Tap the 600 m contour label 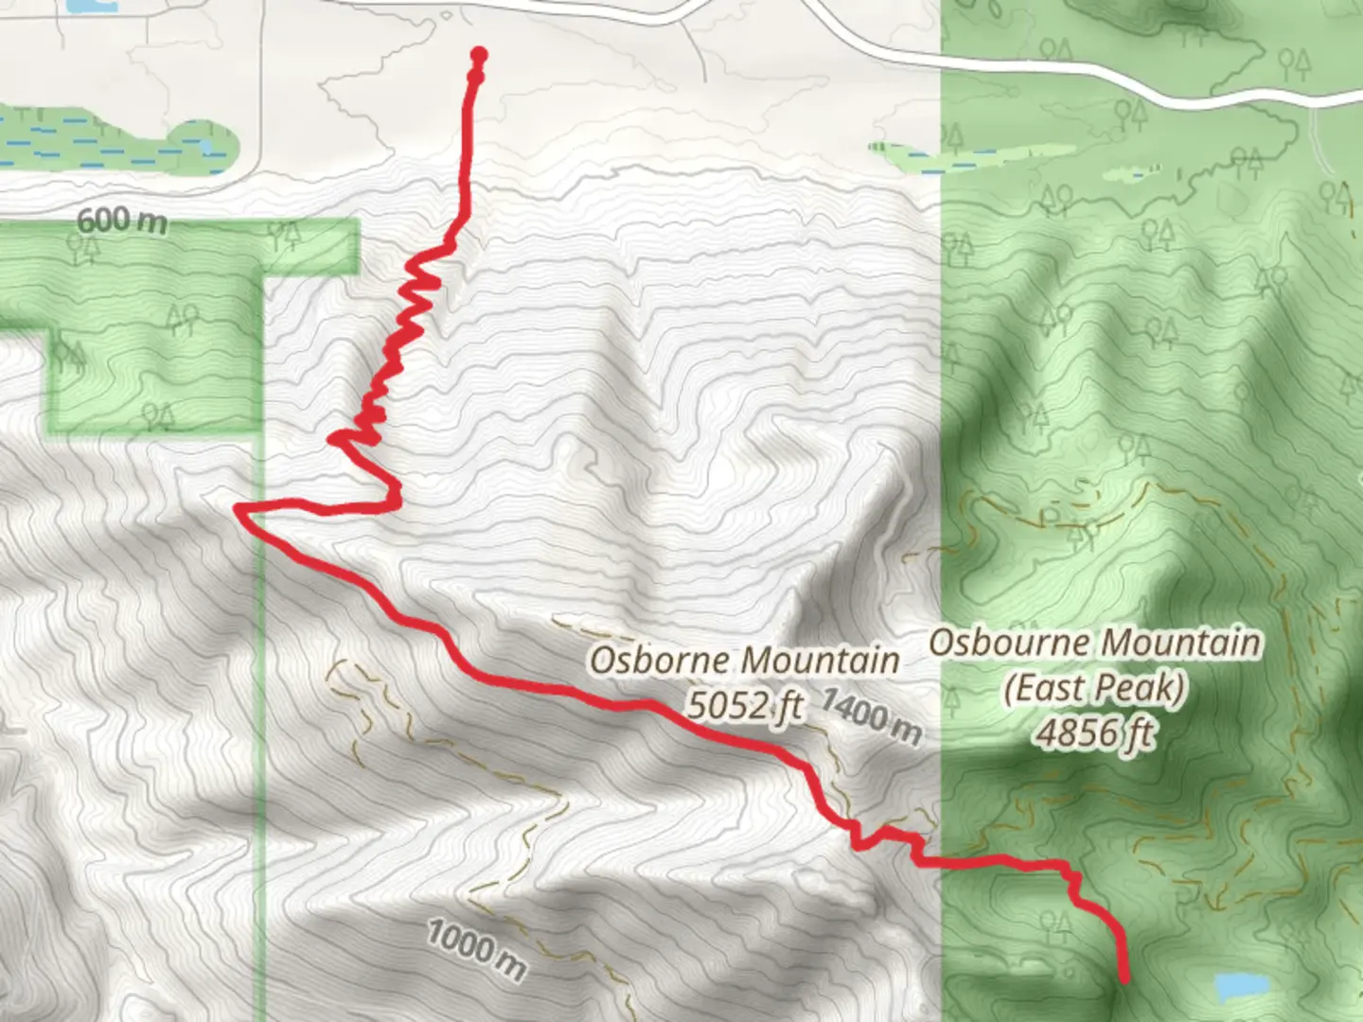[x=121, y=220]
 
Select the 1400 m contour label [x=870, y=715]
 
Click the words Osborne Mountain [x=744, y=661]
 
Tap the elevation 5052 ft [x=746, y=705]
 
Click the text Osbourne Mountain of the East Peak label [x=1095, y=643]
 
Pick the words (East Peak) [x=1095, y=688]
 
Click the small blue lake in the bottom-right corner [x=1241, y=986]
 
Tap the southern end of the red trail [x=1124, y=979]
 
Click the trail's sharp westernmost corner [x=238, y=510]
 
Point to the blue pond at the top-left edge [x=92, y=6]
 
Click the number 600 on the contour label [x=103, y=220]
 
